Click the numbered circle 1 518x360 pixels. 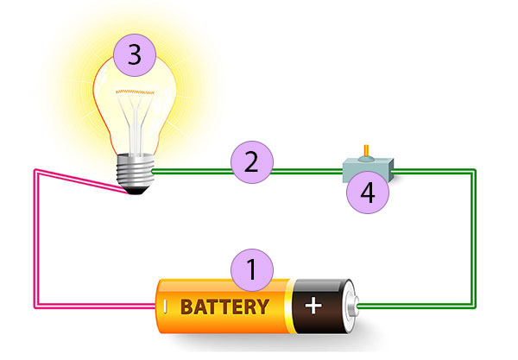[x=252, y=270]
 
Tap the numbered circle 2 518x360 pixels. [x=251, y=162]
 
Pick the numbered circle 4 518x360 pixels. [x=367, y=192]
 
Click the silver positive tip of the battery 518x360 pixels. [x=351, y=306]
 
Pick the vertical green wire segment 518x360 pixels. [x=473, y=242]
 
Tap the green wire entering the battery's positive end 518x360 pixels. [x=414, y=306]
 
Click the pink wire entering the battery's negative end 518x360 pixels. [x=95, y=306]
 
